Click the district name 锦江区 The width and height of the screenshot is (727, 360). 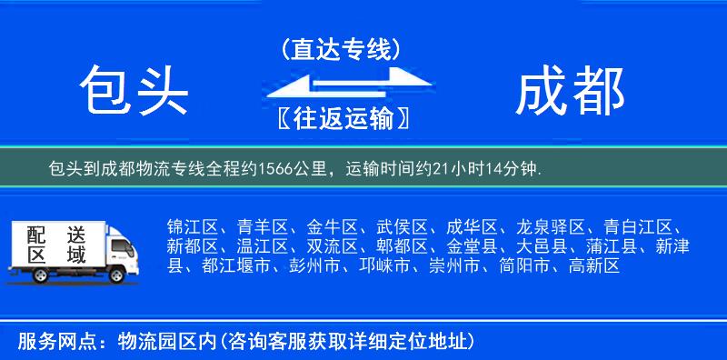tap(192, 226)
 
